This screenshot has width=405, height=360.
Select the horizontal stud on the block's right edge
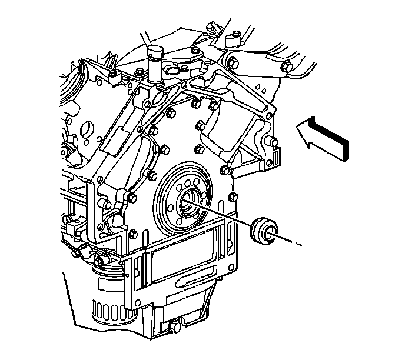point(273,142)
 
